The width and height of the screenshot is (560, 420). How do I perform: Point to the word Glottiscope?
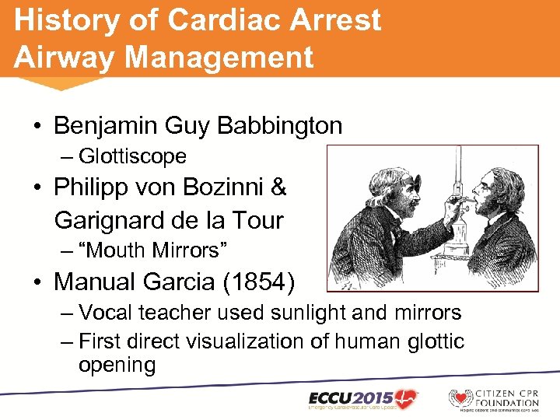coord(132,156)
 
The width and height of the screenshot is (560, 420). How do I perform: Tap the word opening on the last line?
coord(117,365)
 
